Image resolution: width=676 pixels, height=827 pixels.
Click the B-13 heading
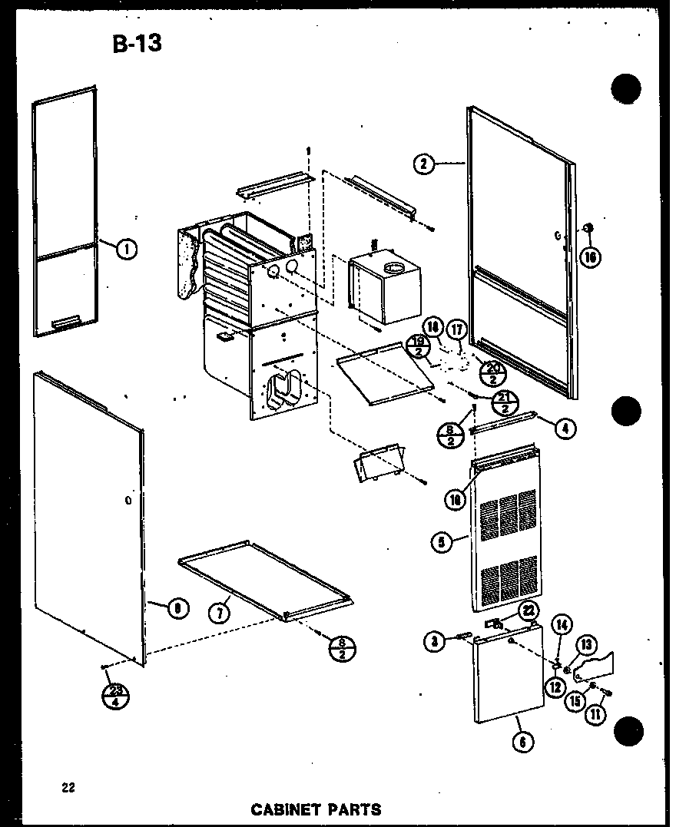[138, 44]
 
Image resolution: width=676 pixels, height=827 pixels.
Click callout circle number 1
[127, 247]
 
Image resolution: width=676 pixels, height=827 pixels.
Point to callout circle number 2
[423, 163]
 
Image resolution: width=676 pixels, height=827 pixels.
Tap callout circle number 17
[459, 331]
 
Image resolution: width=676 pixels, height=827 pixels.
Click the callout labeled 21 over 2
[505, 402]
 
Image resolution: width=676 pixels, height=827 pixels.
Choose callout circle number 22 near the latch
[529, 610]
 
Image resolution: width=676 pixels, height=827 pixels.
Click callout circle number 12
[553, 686]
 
